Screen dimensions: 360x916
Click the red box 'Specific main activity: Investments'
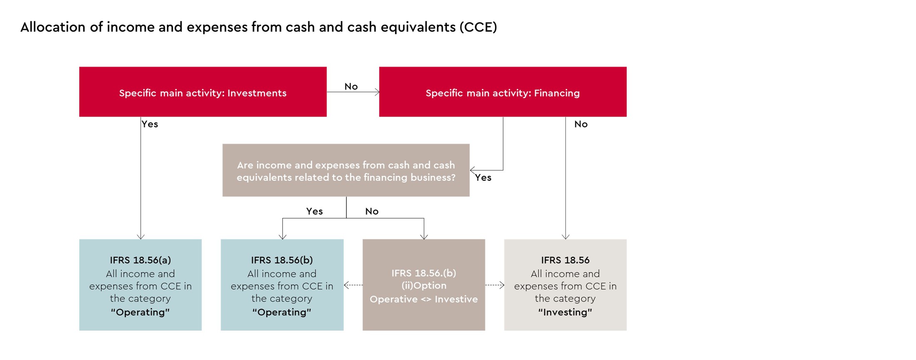click(203, 92)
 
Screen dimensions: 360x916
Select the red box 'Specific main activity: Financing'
click(503, 92)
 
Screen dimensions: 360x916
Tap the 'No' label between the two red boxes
click(351, 86)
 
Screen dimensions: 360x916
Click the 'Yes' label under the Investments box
click(150, 124)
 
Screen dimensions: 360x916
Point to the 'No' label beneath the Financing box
click(581, 124)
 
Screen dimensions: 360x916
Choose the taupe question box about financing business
click(346, 171)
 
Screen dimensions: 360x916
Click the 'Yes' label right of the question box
click(483, 178)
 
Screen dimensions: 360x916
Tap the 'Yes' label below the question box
click(314, 211)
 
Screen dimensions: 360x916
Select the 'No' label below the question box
click(372, 211)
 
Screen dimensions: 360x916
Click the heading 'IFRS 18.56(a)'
click(140, 260)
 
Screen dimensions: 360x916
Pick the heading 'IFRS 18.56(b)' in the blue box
click(282, 260)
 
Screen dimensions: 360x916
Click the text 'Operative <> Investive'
click(423, 299)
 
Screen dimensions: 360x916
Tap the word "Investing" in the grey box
click(565, 312)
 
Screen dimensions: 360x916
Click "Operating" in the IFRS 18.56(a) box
click(140, 312)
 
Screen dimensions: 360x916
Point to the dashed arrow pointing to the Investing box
click(495, 285)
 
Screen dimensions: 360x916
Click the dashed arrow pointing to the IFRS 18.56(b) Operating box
click(353, 285)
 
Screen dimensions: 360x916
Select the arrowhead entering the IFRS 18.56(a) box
click(141, 236)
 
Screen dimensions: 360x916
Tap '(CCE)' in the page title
click(478, 27)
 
